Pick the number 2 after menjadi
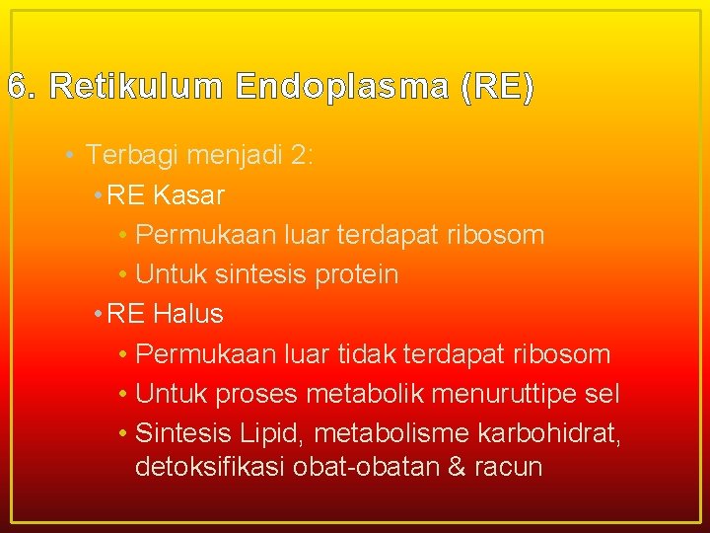click(300, 156)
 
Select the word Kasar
click(188, 195)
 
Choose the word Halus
click(188, 314)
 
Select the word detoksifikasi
click(209, 466)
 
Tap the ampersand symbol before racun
click(456, 466)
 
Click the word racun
click(509, 466)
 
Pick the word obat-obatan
click(365, 466)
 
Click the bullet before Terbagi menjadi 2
click(65, 156)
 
